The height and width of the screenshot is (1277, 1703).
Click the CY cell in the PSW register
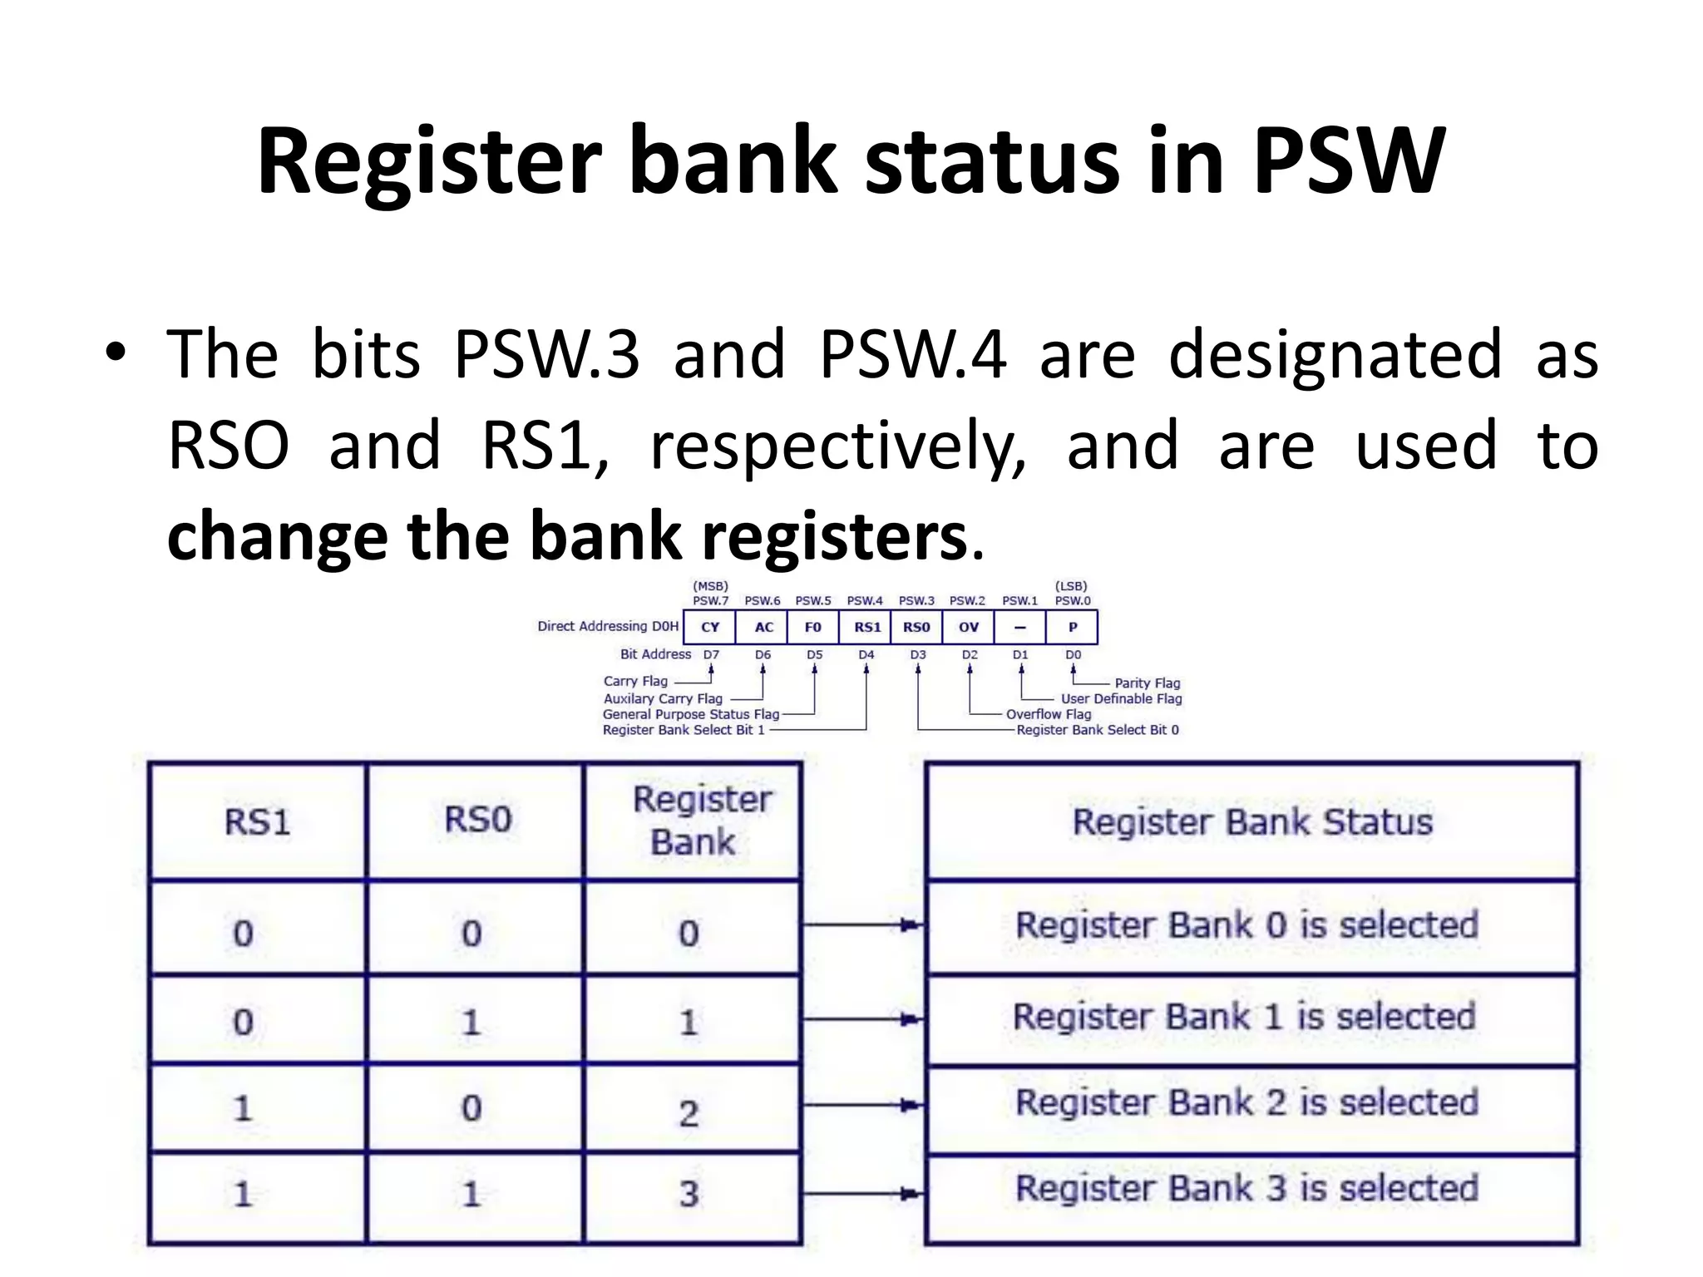[x=709, y=627]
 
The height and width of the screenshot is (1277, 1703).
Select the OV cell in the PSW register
[x=968, y=627]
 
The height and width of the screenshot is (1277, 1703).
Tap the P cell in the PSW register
[x=1072, y=627]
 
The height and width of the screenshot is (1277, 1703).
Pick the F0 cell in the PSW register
[x=812, y=627]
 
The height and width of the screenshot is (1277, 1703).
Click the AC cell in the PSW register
[x=763, y=627]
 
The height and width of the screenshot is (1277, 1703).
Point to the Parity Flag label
[x=1147, y=683]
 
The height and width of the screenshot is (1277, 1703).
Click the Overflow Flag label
[x=1048, y=714]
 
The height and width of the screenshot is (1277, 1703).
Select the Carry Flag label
[x=635, y=681]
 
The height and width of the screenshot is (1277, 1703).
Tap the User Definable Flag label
[x=1121, y=698]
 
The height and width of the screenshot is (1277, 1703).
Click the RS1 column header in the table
[x=257, y=822]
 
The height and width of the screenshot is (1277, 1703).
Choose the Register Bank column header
[x=694, y=821]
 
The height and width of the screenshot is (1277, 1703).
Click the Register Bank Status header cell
[x=1252, y=822]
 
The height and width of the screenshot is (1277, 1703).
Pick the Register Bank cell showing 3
[x=689, y=1194]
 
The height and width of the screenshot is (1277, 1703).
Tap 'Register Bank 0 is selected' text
[x=1246, y=925]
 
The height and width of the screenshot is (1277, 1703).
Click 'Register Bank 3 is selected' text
[x=1246, y=1188]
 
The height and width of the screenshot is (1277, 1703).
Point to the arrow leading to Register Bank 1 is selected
[x=865, y=1018]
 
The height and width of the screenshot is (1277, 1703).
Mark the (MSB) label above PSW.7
[x=710, y=586]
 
